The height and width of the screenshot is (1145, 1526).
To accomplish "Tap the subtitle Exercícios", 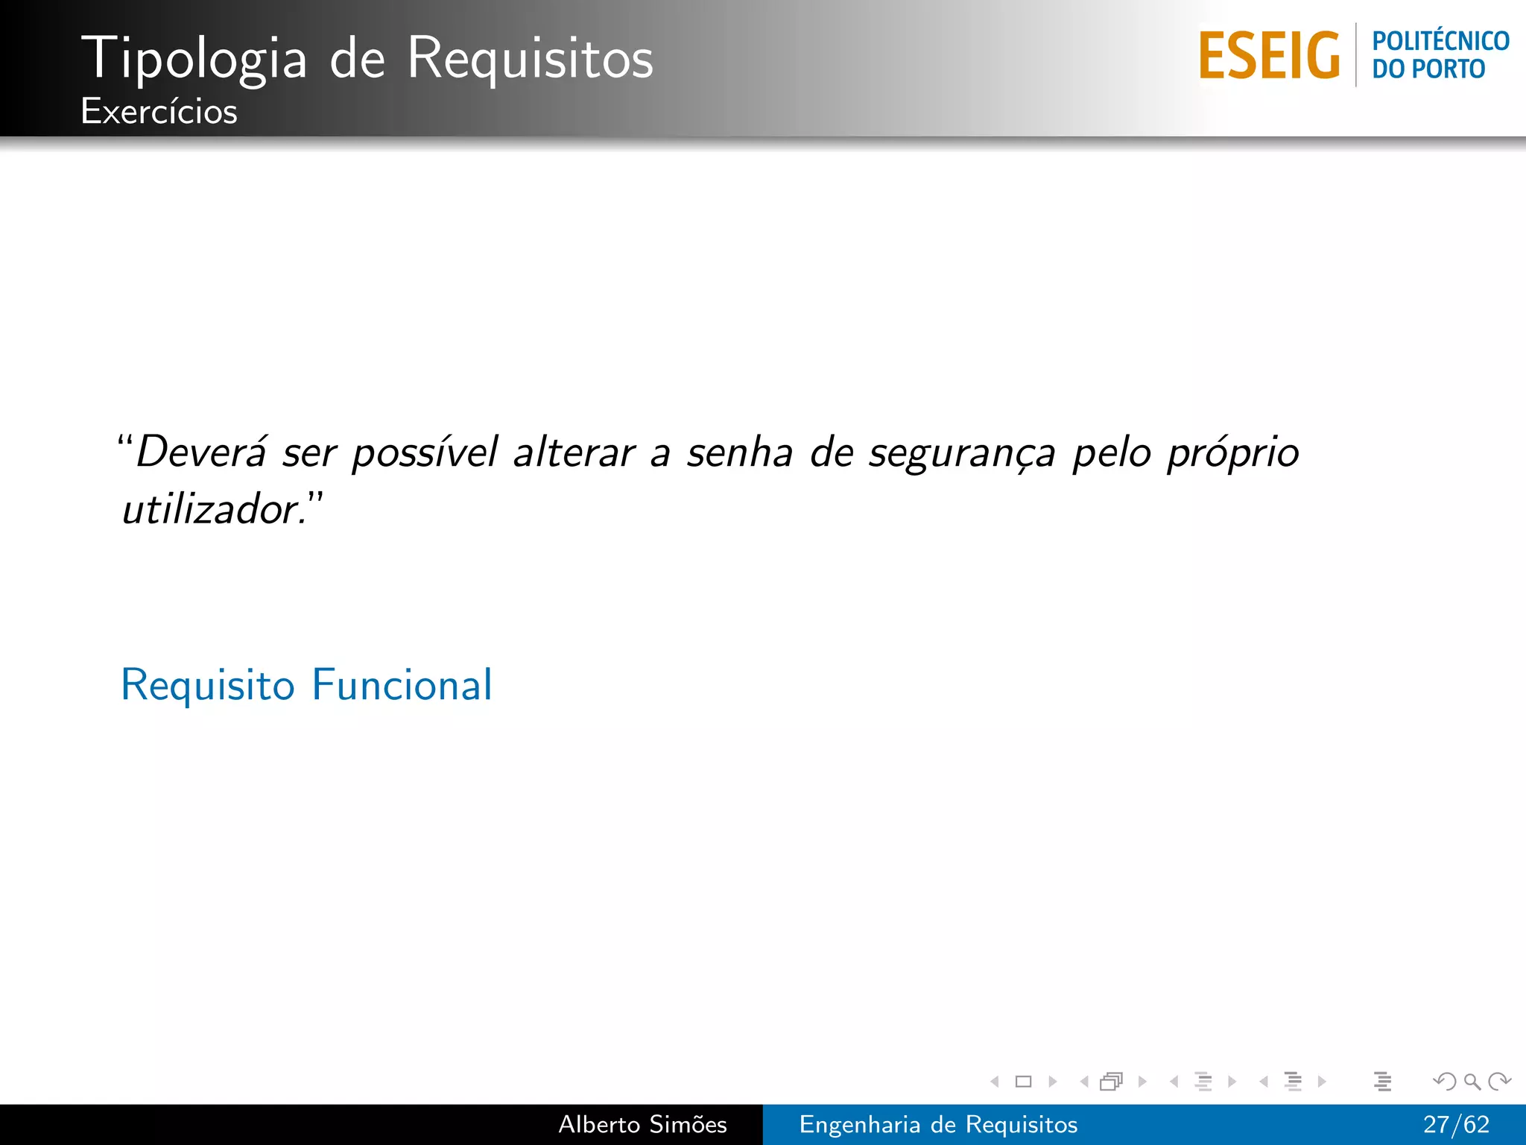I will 159,112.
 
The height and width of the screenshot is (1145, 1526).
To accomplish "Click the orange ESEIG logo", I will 1269,56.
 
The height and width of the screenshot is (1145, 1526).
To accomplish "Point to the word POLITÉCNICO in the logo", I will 1440,41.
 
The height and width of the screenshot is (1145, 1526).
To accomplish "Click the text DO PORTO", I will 1428,69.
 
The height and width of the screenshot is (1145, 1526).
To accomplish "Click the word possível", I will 424,452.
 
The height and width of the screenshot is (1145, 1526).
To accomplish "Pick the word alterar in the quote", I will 574,452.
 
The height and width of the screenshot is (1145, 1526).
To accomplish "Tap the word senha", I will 739,452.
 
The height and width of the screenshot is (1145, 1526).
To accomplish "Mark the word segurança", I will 962,452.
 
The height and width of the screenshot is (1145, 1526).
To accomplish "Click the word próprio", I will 1233,452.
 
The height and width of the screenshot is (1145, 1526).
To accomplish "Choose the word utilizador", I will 211,511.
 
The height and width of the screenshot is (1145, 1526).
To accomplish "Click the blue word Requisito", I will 208,685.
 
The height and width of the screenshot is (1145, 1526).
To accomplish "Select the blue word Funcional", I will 402,685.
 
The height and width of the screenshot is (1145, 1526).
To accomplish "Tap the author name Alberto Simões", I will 642,1125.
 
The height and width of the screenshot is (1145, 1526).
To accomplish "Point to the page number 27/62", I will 1456,1125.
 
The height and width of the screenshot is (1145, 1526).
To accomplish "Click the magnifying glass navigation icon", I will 1472,1082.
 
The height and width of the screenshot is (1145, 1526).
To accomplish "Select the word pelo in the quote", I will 1112,452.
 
